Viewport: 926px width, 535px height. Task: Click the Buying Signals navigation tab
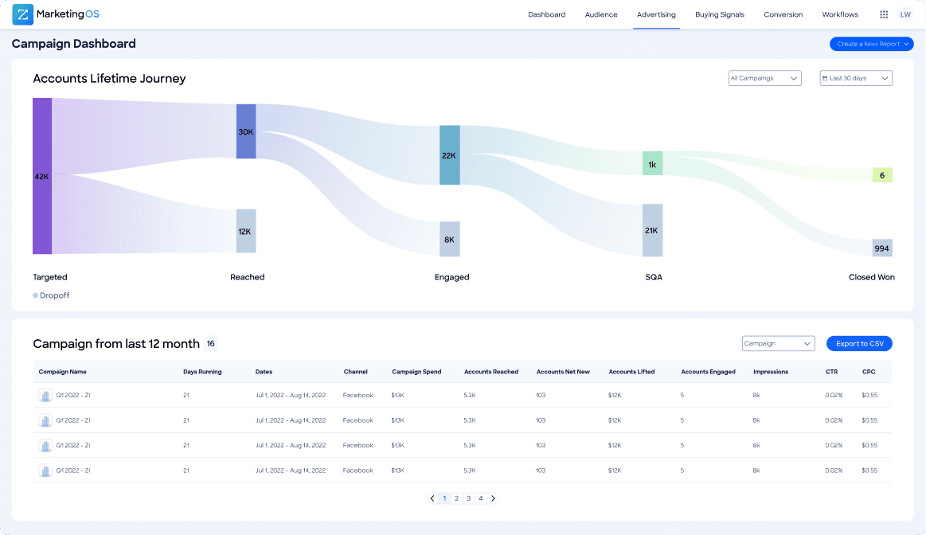720,14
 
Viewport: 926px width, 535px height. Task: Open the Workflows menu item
840,14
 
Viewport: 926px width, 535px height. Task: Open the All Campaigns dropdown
764,78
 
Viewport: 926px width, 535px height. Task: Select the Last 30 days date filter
856,78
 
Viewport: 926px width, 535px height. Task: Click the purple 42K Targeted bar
42,176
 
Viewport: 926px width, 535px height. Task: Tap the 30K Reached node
246,131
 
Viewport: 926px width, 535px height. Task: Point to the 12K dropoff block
246,231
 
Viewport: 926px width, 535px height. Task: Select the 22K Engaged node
450,155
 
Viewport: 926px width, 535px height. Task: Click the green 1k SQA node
652,164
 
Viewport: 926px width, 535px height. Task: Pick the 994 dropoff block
882,248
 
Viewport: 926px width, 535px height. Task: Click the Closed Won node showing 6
882,175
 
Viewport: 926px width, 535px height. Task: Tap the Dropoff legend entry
53,295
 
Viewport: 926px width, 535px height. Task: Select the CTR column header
831,372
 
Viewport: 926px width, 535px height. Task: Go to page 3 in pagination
469,498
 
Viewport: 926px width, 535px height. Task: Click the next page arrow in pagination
493,498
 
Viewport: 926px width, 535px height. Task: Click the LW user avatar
905,14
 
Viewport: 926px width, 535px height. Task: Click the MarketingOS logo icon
22,14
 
